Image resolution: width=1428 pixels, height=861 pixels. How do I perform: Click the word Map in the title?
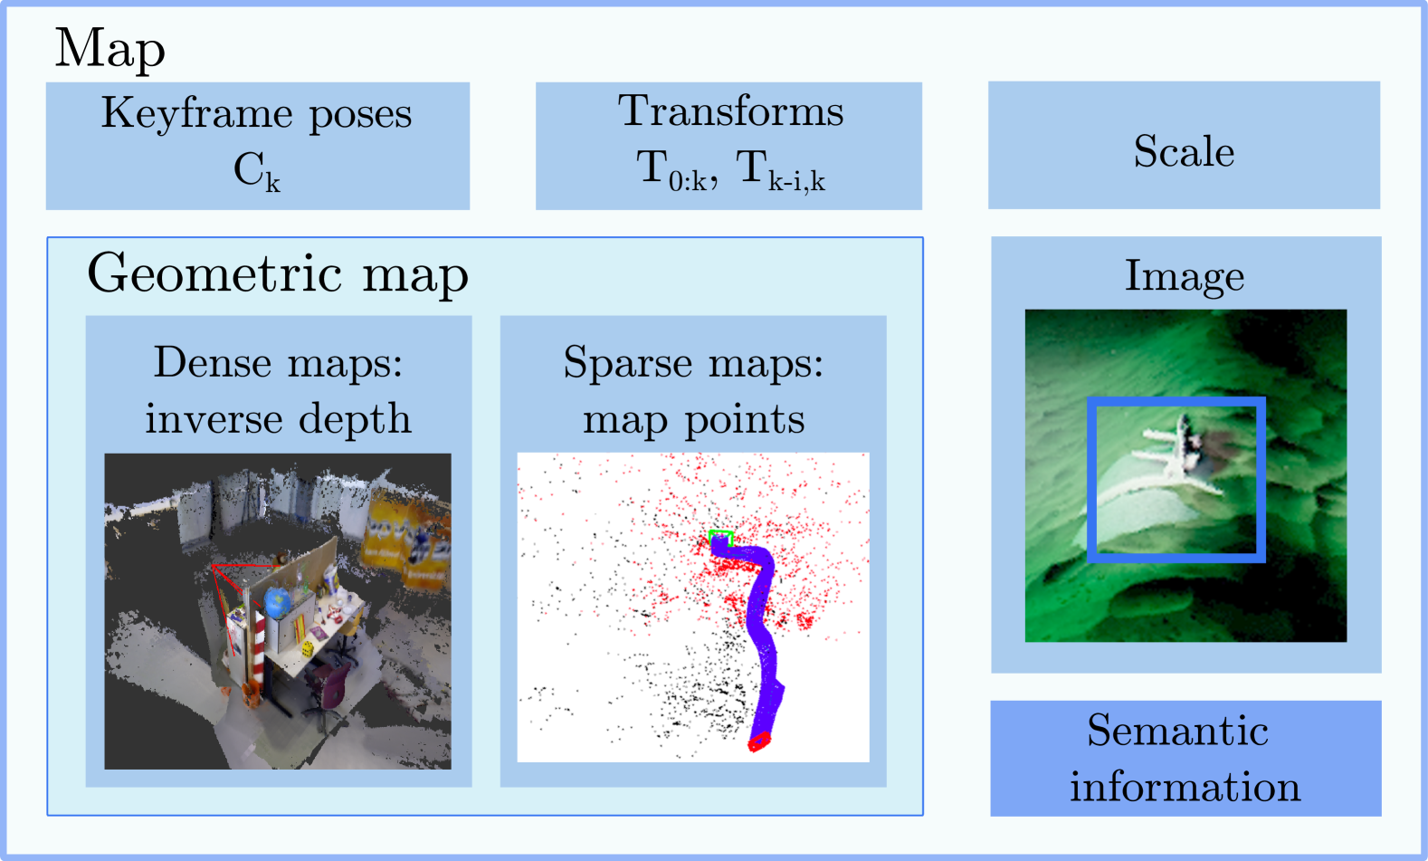coord(109,48)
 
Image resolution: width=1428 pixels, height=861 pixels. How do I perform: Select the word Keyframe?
coord(196,114)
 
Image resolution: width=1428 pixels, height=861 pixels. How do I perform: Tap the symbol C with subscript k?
coord(256,170)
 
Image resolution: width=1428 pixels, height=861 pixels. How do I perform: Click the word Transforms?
coord(730,111)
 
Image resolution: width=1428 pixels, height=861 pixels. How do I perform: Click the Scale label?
coord(1184,151)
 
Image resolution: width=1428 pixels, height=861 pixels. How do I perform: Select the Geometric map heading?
coord(278,273)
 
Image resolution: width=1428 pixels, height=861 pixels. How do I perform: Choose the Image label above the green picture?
coord(1185,276)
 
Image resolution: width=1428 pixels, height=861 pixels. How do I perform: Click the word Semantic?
coord(1177,730)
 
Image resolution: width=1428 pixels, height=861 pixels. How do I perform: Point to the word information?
coord(1185,787)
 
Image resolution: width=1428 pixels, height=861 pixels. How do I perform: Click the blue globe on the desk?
coord(278,602)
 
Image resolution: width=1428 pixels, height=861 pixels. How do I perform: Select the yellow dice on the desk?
coord(308,648)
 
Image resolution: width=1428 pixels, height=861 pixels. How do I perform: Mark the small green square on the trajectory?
coord(720,537)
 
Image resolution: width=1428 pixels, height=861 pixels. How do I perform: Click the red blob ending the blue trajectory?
coord(758,741)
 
